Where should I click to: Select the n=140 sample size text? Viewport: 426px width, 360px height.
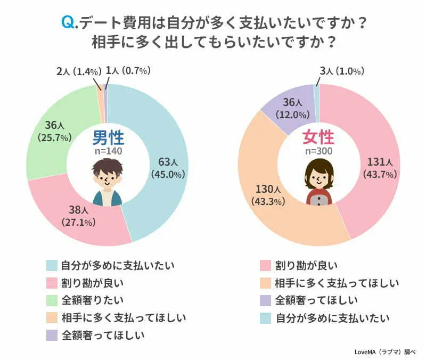coord(108,152)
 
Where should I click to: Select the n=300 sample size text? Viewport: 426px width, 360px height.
coord(318,152)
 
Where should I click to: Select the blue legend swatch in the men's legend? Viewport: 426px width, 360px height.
coord(52,264)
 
